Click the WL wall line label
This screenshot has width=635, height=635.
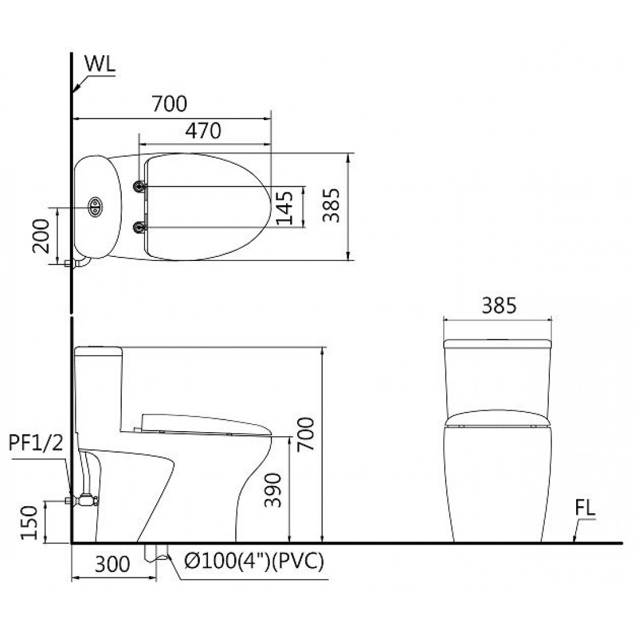[100, 64]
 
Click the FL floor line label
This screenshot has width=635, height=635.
[585, 508]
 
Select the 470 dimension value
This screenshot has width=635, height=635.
[203, 130]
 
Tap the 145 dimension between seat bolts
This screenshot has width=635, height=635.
[284, 207]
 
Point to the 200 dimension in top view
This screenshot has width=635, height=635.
[41, 236]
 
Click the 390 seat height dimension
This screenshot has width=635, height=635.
[273, 490]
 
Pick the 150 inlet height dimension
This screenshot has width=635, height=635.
[29, 523]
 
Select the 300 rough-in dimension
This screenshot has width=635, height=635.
[112, 564]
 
